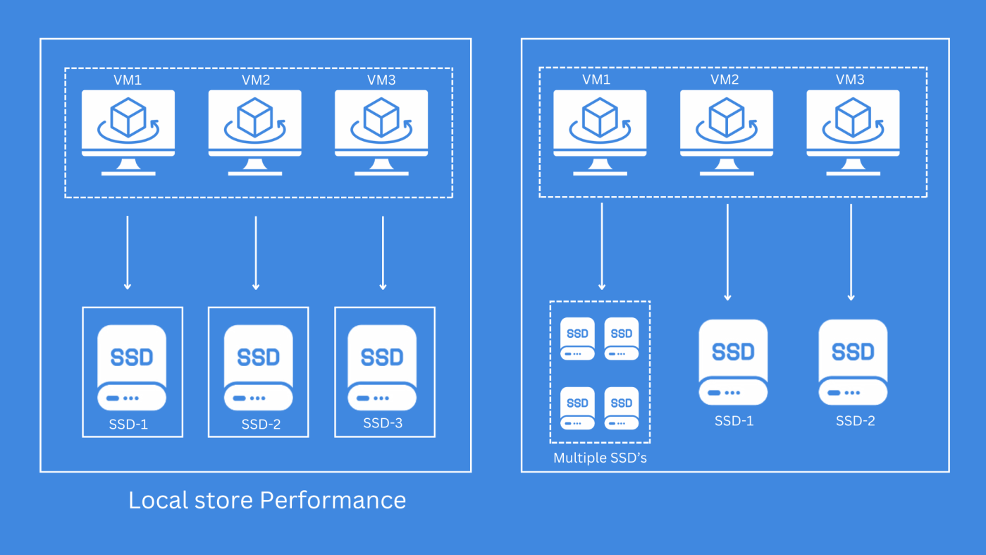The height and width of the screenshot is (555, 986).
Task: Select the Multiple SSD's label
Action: [x=600, y=458]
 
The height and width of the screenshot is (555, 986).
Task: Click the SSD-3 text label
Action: [x=383, y=423]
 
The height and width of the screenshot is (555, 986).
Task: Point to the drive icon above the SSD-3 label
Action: [x=382, y=367]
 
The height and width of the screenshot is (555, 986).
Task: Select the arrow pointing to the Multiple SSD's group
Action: [x=602, y=247]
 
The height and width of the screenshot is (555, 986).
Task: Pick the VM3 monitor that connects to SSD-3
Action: [x=381, y=131]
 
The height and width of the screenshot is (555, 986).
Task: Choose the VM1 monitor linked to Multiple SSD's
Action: [x=599, y=131]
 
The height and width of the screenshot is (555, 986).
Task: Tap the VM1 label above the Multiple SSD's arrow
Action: [x=596, y=80]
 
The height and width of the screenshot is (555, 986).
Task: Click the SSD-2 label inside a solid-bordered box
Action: [x=261, y=425]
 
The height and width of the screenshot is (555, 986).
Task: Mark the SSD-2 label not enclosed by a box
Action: [x=855, y=421]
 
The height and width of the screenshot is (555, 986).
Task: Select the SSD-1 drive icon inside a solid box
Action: [x=132, y=367]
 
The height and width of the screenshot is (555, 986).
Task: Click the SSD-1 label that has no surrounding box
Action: [x=734, y=421]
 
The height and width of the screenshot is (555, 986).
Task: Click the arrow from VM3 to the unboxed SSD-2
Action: [x=851, y=252]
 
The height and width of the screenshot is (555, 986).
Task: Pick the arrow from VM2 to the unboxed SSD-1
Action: [x=727, y=252]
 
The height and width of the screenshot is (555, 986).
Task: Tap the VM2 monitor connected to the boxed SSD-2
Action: [x=255, y=131]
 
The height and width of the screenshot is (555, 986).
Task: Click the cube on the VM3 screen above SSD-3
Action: [x=381, y=116]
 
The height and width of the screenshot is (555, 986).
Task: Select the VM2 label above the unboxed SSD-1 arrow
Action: [x=725, y=80]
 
